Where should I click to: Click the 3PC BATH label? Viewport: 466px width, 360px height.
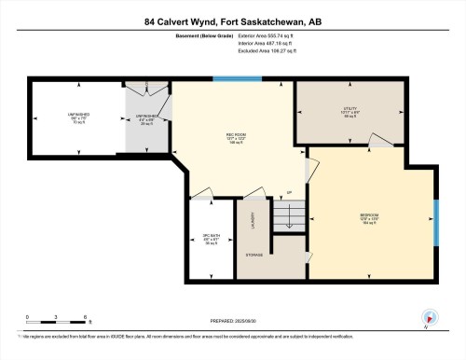click(x=212, y=237)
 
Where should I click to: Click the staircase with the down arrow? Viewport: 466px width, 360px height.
click(x=288, y=220)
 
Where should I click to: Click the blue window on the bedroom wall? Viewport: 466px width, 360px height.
click(x=435, y=222)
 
